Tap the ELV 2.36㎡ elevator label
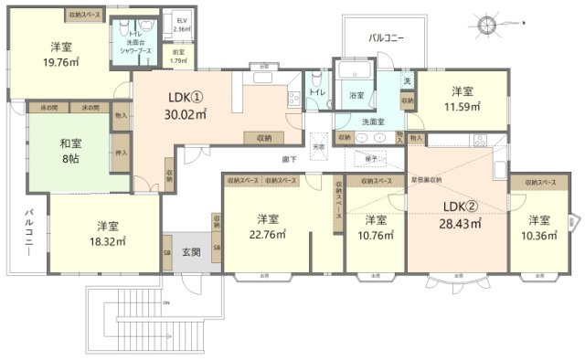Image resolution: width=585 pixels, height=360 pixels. pyautogui.click(x=181, y=25)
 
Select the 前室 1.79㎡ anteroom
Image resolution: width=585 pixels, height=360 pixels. pyautogui.click(x=179, y=57)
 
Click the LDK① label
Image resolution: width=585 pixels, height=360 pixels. pyautogui.click(x=185, y=97)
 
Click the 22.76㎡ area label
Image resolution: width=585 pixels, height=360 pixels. pyautogui.click(x=267, y=234)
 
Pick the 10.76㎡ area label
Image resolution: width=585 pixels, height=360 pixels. pyautogui.click(x=375, y=235)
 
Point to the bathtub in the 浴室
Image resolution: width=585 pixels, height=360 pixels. pyautogui.click(x=351, y=72)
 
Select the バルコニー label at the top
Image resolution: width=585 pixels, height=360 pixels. pyautogui.click(x=387, y=38)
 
